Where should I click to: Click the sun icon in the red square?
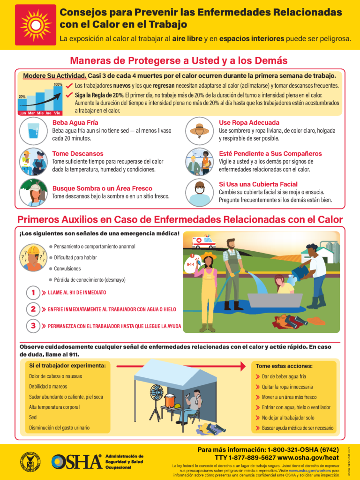36,25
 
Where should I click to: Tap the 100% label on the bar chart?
58,85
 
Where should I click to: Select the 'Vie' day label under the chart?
57,113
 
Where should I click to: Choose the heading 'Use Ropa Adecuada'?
249,123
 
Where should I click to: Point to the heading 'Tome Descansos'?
78,154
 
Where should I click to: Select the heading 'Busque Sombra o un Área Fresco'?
102,188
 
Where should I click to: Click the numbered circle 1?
33,292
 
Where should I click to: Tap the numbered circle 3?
33,326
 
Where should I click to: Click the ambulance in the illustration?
204,242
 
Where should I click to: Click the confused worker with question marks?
33,257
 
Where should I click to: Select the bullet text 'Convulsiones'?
67,269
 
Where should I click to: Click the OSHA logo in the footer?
76,461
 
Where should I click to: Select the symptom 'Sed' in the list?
33,417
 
